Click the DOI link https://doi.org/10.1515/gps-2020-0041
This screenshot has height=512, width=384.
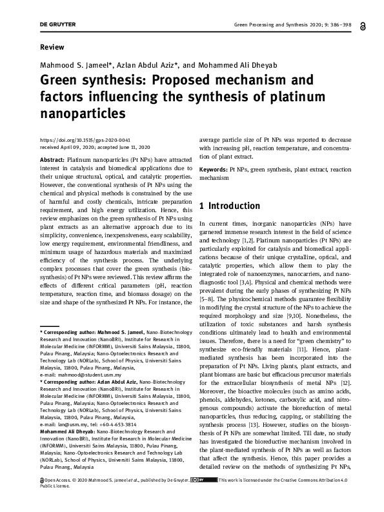tap(85, 140)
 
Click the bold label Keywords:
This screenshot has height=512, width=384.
tap(214, 169)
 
